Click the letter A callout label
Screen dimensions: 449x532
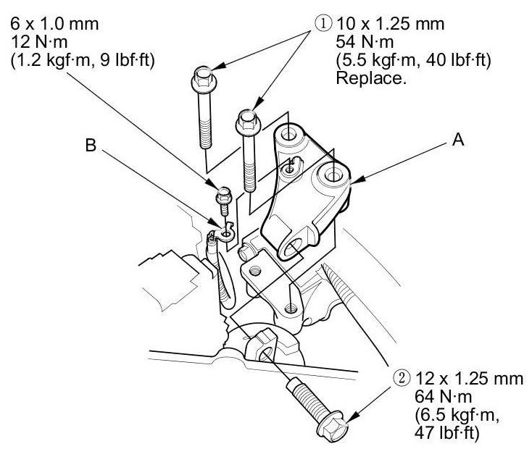[x=457, y=141]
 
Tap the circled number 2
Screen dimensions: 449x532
[x=402, y=377]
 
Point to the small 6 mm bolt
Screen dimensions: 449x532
[x=224, y=197]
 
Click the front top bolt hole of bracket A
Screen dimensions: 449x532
[x=333, y=175]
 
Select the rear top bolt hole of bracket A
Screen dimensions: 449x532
[x=288, y=135]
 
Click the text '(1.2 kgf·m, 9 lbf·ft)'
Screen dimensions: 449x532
[x=80, y=61]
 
